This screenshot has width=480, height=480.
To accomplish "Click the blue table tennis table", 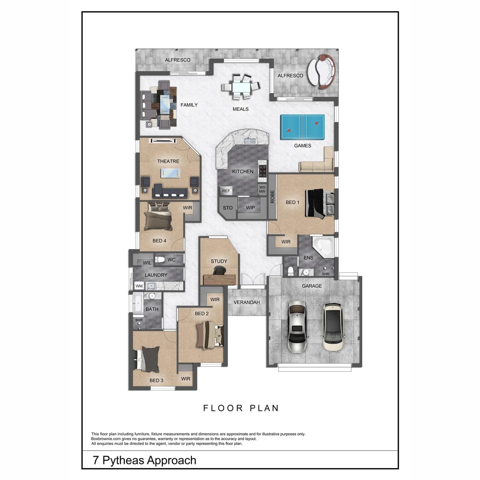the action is [302, 127].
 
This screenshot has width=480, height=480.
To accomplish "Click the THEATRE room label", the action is [168, 161].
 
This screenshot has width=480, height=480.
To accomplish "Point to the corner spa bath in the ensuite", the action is [323, 247].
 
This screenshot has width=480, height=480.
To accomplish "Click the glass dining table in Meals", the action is [241, 87].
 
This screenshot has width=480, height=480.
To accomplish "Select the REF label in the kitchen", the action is [226, 191].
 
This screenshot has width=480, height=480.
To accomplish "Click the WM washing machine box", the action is [139, 286].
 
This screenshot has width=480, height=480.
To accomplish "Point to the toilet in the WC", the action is [160, 260].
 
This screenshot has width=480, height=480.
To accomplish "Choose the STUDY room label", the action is [219, 261].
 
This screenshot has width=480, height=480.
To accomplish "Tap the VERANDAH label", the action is [247, 302].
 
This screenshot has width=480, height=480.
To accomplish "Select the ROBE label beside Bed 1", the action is [272, 196].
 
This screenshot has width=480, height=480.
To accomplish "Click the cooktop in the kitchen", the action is [262, 171].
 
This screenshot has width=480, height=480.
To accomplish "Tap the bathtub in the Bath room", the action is [138, 303].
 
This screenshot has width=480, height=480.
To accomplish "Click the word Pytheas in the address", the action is [123, 460].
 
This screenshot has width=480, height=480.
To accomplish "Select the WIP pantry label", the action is [250, 208].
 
